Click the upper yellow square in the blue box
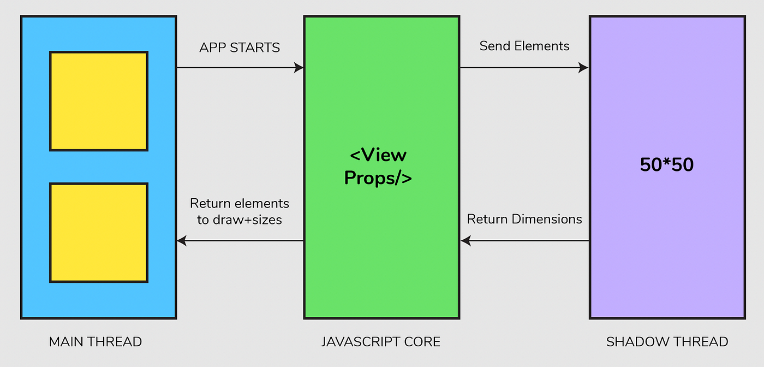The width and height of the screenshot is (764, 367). pyautogui.click(x=99, y=101)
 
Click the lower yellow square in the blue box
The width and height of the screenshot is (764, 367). pyautogui.click(x=99, y=233)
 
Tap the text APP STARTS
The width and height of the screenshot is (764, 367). pyautogui.click(x=240, y=48)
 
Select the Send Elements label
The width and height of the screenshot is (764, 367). pyautogui.click(x=524, y=46)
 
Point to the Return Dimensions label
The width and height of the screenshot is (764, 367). pyautogui.click(x=524, y=220)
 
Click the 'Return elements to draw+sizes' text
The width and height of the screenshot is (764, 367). pyautogui.click(x=240, y=212)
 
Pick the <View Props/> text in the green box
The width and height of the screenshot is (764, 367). pyautogui.click(x=378, y=167)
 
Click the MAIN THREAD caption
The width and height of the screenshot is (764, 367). pyautogui.click(x=95, y=342)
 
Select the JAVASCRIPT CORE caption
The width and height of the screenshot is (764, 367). pyautogui.click(x=381, y=342)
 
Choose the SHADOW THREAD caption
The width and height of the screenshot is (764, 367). pyautogui.click(x=667, y=342)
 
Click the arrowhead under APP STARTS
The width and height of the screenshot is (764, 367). pyautogui.click(x=299, y=68)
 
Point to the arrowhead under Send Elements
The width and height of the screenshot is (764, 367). pyautogui.click(x=584, y=68)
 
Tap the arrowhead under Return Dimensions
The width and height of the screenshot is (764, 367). pyautogui.click(x=465, y=240)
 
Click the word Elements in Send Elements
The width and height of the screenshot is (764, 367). pyautogui.click(x=540, y=46)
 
